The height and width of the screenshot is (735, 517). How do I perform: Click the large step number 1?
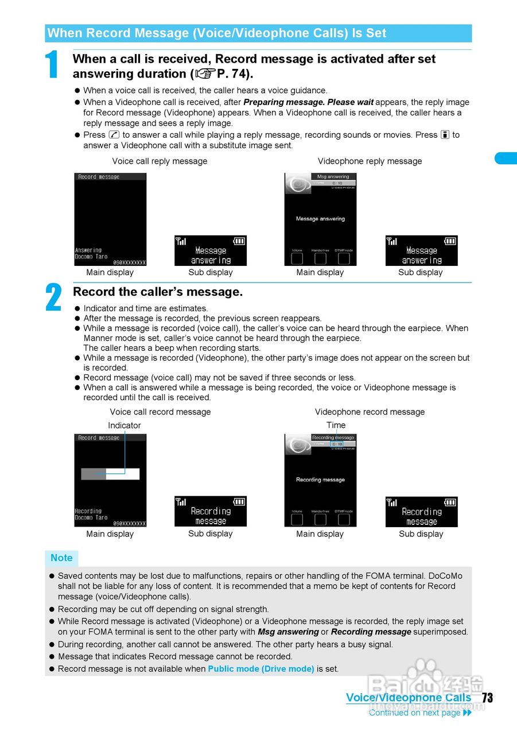click(52, 65)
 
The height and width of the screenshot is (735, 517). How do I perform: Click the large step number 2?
click(53, 298)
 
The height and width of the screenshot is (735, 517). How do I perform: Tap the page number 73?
click(487, 698)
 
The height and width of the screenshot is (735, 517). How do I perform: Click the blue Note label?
click(61, 558)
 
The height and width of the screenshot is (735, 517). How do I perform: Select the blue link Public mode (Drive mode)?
click(261, 669)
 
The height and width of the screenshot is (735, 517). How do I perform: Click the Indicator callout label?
click(124, 425)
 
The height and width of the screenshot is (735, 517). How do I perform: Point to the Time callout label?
click(336, 425)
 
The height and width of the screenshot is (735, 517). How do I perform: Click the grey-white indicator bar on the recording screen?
click(110, 474)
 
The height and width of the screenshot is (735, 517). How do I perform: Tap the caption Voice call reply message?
click(160, 161)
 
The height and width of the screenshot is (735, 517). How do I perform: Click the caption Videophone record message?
click(370, 412)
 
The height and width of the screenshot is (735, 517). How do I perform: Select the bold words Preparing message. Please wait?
click(308, 102)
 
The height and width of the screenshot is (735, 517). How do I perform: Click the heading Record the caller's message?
click(157, 292)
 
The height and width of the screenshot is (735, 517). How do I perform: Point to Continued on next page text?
click(414, 713)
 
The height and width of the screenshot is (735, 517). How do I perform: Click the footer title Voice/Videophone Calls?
click(408, 698)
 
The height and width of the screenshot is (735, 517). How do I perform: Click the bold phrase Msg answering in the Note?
click(288, 632)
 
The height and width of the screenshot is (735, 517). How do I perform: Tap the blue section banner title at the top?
click(216, 33)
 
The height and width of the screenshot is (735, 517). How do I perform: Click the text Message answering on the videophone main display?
click(320, 219)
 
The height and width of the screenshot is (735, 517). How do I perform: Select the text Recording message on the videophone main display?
click(320, 479)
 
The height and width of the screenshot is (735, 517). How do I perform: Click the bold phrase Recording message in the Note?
click(371, 632)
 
